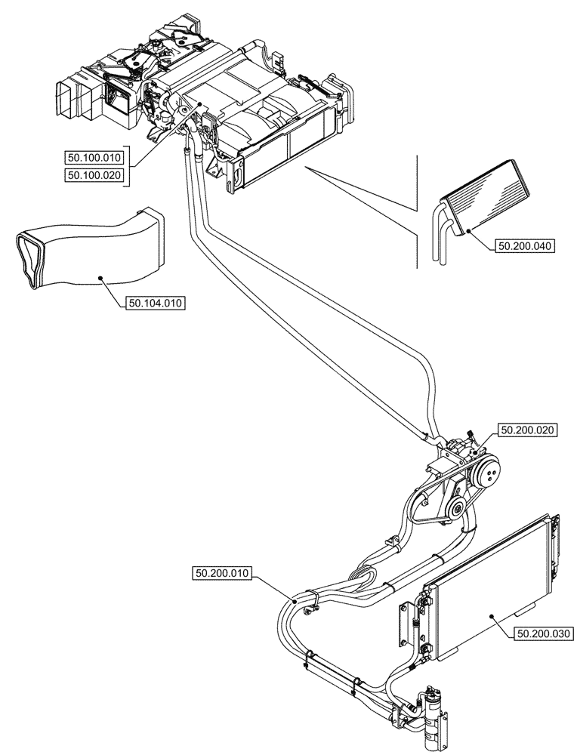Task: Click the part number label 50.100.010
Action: [94, 157]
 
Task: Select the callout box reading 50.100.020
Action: [94, 175]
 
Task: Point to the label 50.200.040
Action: [525, 245]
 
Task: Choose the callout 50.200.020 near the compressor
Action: [526, 430]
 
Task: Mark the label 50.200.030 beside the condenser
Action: [544, 635]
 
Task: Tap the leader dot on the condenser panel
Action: [492, 616]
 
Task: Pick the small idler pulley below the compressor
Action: [457, 512]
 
